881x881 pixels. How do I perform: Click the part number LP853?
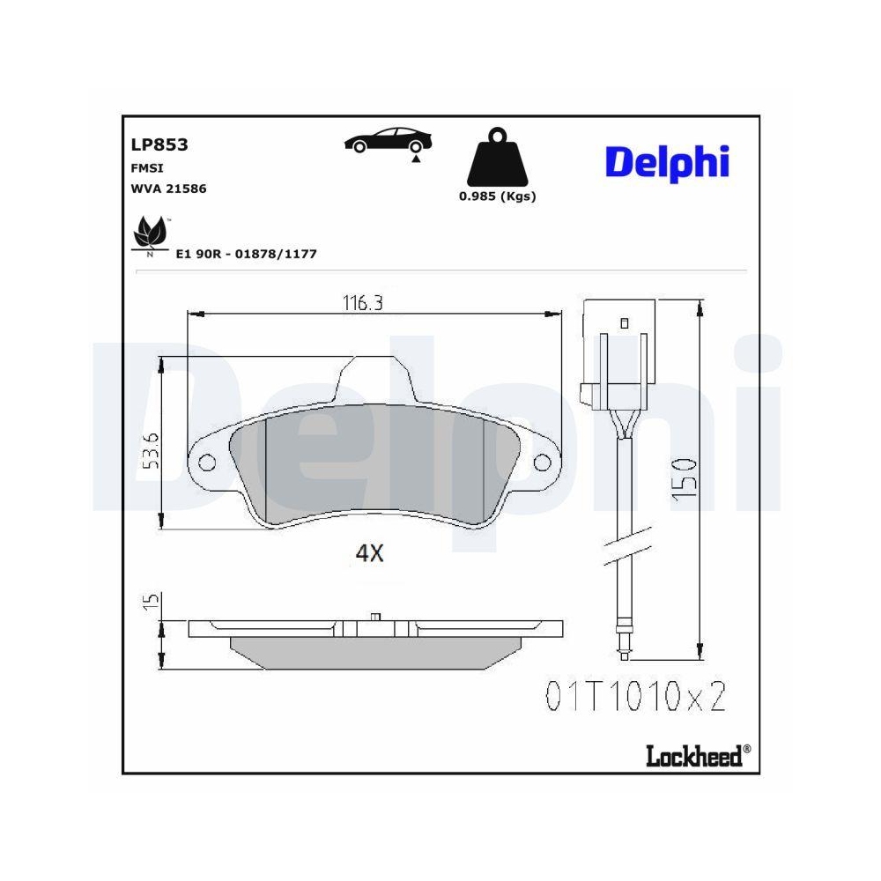[159, 145]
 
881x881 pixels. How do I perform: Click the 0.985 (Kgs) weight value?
[497, 196]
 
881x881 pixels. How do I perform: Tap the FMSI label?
[147, 167]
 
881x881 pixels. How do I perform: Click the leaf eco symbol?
[149, 235]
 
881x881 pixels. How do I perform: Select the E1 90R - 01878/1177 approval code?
[246, 254]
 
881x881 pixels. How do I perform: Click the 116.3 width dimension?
[363, 303]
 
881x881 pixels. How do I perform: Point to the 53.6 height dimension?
[151, 450]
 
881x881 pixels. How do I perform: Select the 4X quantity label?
[369, 553]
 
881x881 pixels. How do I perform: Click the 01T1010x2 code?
[634, 697]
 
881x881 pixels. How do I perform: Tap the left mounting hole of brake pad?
[209, 463]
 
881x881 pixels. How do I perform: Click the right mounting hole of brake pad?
[541, 463]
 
